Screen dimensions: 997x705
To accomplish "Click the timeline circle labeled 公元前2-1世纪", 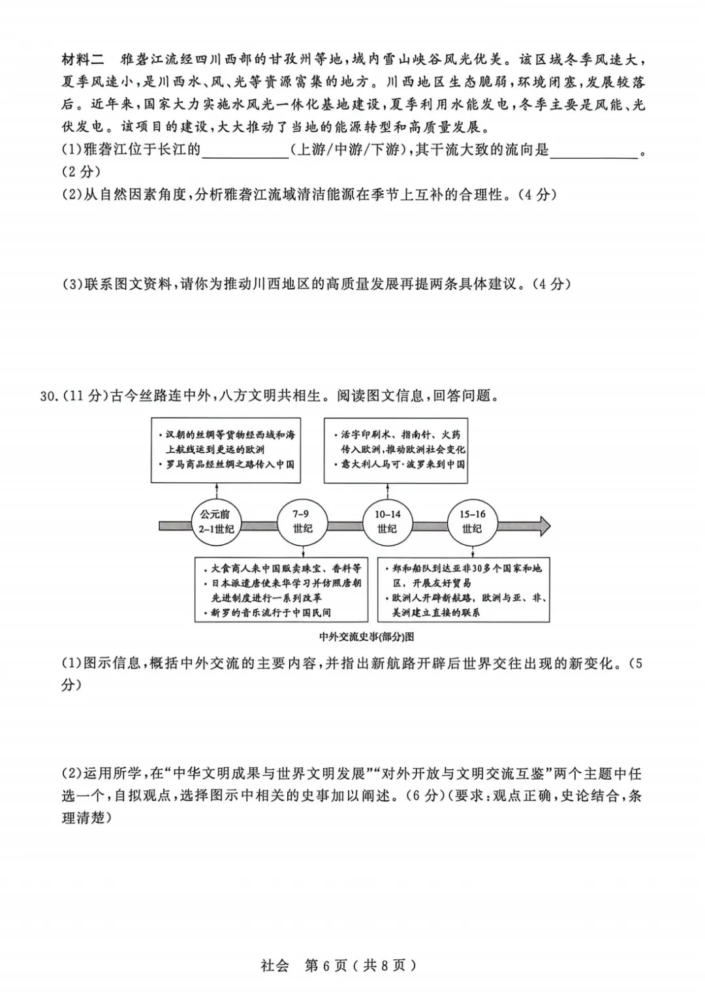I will pyautogui.click(x=216, y=522).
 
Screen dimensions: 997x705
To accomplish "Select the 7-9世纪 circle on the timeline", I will pyautogui.click(x=302, y=522).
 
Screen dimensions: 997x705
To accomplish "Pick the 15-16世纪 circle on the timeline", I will pyautogui.click(x=472, y=522).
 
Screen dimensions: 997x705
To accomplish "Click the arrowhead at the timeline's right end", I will pyautogui.click(x=543, y=525).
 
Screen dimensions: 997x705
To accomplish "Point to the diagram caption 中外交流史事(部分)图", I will pyautogui.click(x=366, y=636).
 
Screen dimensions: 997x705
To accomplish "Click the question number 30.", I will pyautogui.click(x=50, y=396).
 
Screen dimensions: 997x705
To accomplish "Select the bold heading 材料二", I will pyautogui.click(x=83, y=60).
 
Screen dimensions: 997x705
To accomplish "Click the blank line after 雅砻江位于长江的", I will pyautogui.click(x=245, y=152).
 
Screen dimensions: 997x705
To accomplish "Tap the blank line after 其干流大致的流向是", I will pyautogui.click(x=594, y=152).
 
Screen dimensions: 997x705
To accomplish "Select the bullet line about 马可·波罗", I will pyautogui.click(x=402, y=465).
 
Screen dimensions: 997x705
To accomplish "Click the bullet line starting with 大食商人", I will pyautogui.click(x=281, y=568).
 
